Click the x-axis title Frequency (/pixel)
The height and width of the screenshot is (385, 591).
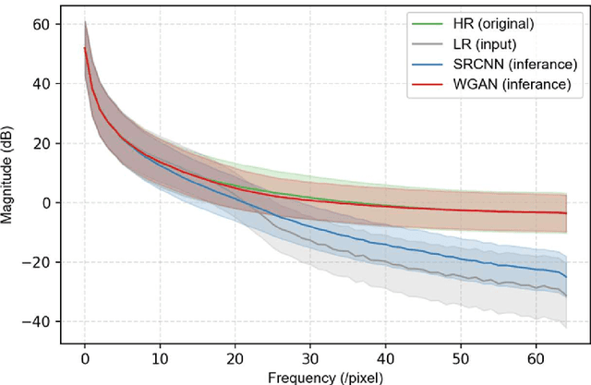pos(324,376)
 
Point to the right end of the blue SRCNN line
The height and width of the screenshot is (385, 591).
pos(564,275)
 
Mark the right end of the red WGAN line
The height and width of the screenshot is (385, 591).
pos(564,213)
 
